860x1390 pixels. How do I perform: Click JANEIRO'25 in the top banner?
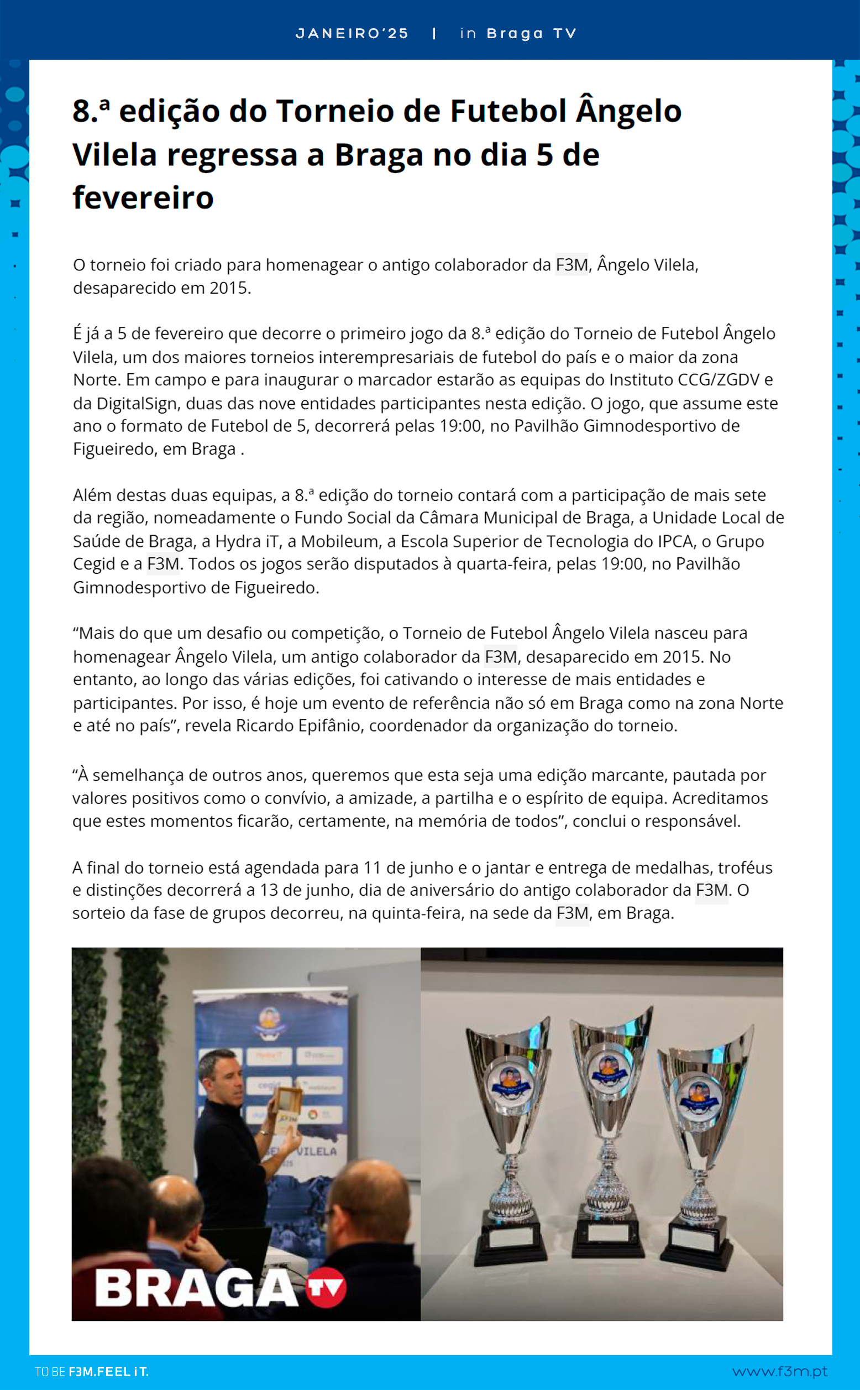click(x=352, y=34)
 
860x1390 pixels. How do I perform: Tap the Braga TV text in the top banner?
click(x=531, y=34)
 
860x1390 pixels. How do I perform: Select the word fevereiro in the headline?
click(x=143, y=197)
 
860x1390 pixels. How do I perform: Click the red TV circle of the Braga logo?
click(x=326, y=1287)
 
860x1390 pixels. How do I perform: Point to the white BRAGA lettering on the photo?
click(x=196, y=1288)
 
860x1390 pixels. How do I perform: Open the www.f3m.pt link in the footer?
click(x=779, y=1371)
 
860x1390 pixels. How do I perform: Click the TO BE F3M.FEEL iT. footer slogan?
click(x=92, y=1372)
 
